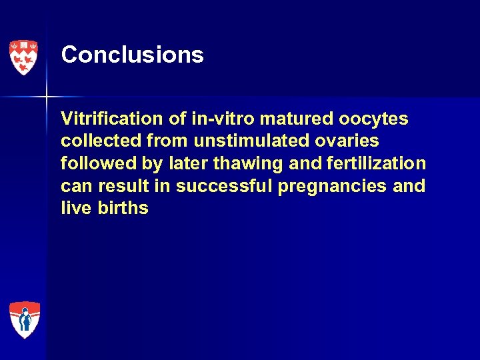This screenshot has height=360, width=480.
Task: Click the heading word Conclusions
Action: pyautogui.click(x=132, y=55)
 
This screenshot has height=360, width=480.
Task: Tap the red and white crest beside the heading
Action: pyautogui.click(x=23, y=57)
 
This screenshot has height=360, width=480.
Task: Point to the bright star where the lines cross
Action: pyautogui.click(x=47, y=97)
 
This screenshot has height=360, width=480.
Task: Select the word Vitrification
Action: pyautogui.click(x=111, y=119)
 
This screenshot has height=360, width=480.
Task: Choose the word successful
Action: pyautogui.click(x=225, y=186)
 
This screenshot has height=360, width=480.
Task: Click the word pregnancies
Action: pyautogui.click(x=332, y=187)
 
